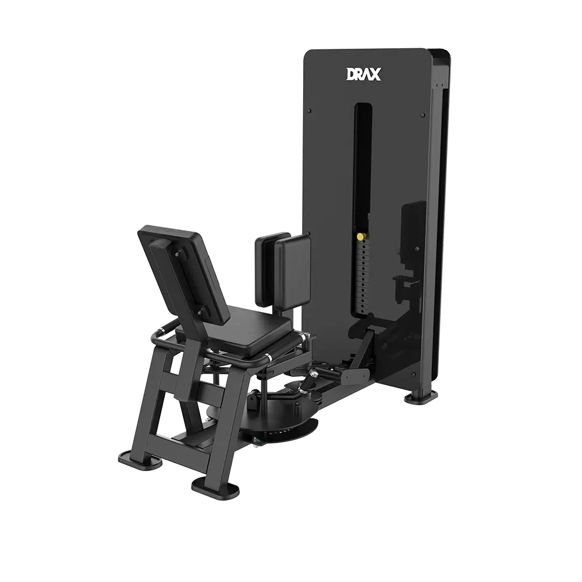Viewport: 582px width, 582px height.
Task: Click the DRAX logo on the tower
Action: tap(363, 74)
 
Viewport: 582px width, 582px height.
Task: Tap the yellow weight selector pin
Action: tap(360, 236)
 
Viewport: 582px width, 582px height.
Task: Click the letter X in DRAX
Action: tap(374, 74)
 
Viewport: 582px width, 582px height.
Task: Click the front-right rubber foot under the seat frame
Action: tap(215, 487)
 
